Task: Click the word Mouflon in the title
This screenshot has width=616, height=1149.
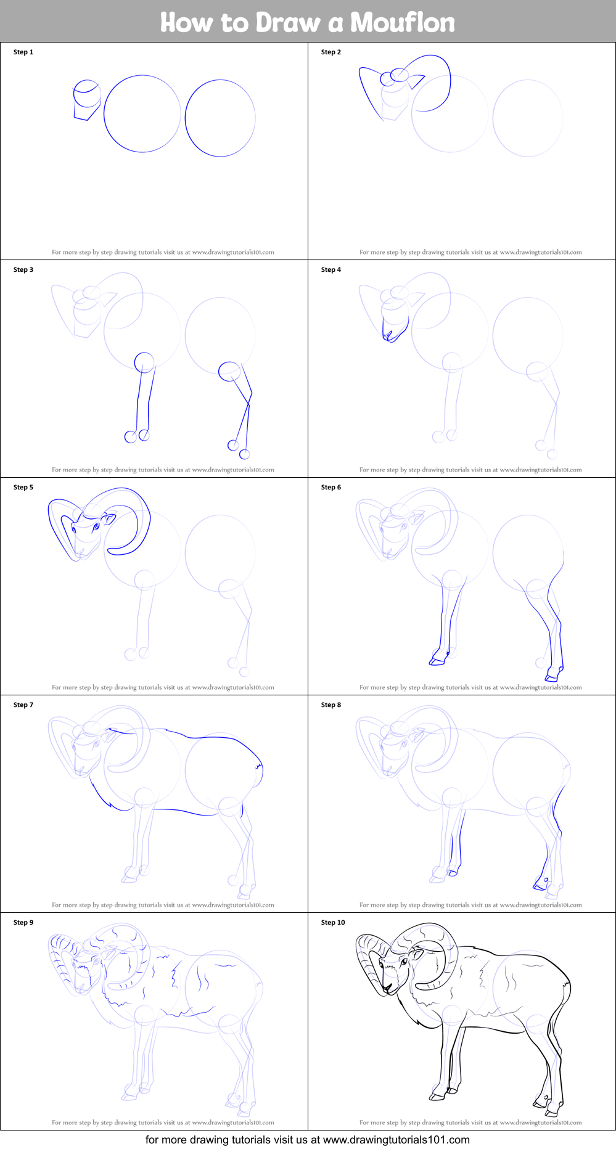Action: (403, 23)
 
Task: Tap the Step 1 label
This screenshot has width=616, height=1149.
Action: (23, 52)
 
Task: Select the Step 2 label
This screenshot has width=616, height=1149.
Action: (331, 52)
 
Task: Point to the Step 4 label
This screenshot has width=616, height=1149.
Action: (331, 270)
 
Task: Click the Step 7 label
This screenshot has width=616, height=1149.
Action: (23, 705)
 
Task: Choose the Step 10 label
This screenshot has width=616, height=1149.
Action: (333, 923)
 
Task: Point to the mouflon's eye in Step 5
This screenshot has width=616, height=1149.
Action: (96, 526)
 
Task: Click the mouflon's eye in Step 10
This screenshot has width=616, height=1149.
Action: (404, 962)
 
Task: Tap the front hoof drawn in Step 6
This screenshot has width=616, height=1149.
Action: (437, 661)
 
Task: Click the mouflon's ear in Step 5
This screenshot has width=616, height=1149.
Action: (109, 519)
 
